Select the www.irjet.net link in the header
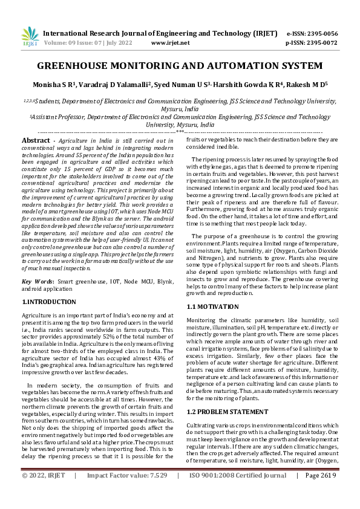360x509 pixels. click(x=170, y=43)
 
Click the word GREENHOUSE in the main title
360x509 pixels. click(x=73, y=65)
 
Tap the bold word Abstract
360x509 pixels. click(x=36, y=140)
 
